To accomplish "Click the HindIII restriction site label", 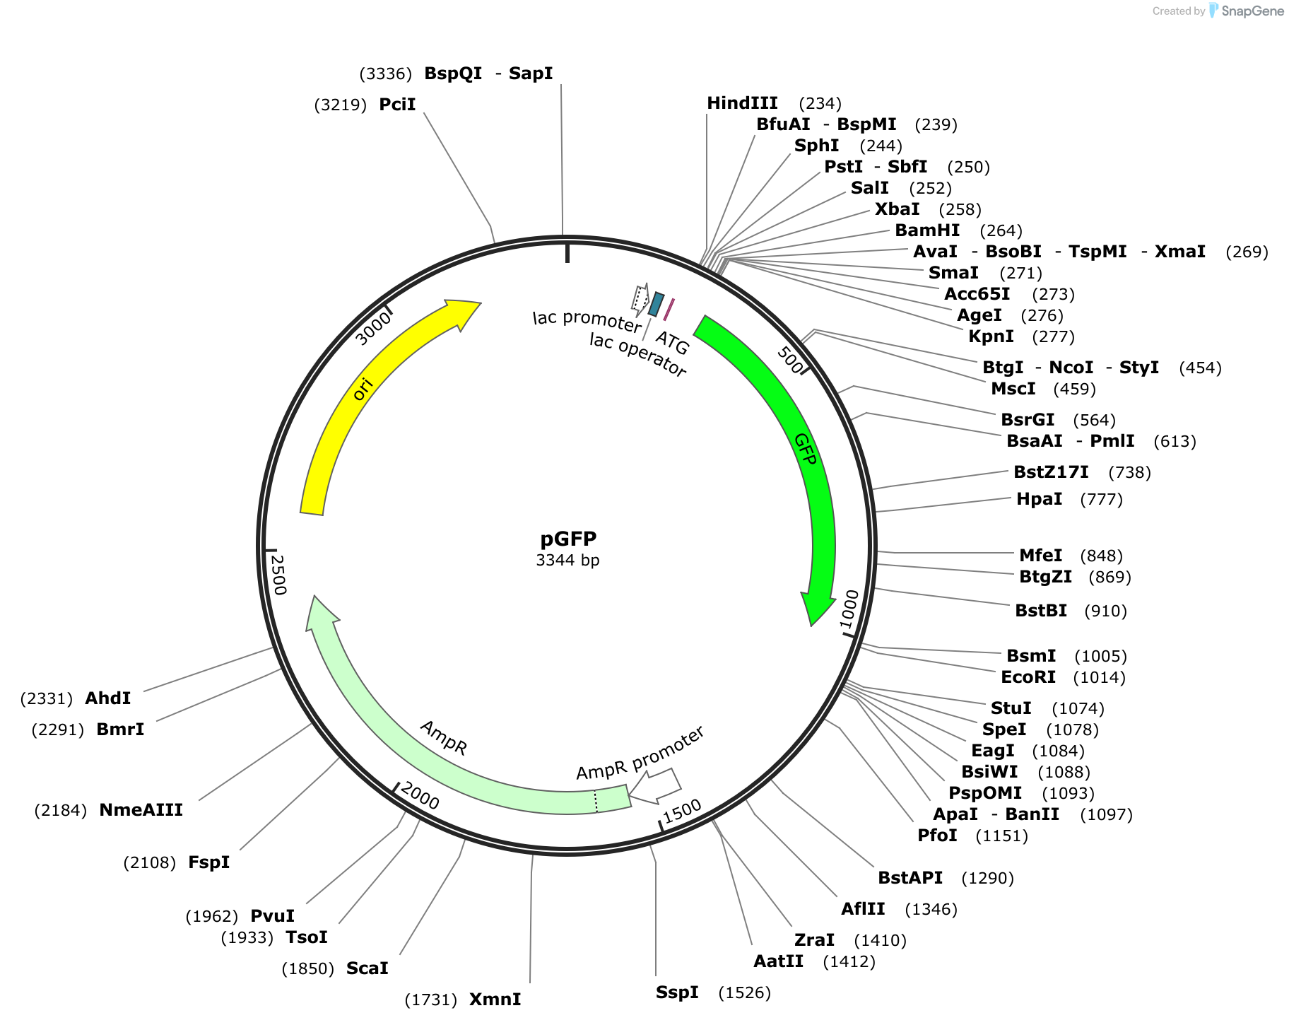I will [x=742, y=103].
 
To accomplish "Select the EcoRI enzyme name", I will [x=1028, y=677].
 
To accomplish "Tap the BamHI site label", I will [x=927, y=230].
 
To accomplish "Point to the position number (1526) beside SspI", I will [x=744, y=992].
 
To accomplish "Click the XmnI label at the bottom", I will [x=495, y=1000].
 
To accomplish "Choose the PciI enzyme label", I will [x=397, y=105].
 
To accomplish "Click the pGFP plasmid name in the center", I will [x=568, y=539].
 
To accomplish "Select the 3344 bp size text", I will [x=567, y=561].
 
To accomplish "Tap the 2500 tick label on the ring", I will [x=278, y=574].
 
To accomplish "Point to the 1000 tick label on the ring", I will [x=849, y=608].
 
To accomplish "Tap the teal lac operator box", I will [x=657, y=304].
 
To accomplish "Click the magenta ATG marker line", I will [x=669, y=310].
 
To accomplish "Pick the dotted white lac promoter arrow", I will [x=640, y=300].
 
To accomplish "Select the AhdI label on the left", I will [x=107, y=698].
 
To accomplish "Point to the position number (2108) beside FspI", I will [x=149, y=862].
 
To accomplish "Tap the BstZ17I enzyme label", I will [x=1051, y=472].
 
